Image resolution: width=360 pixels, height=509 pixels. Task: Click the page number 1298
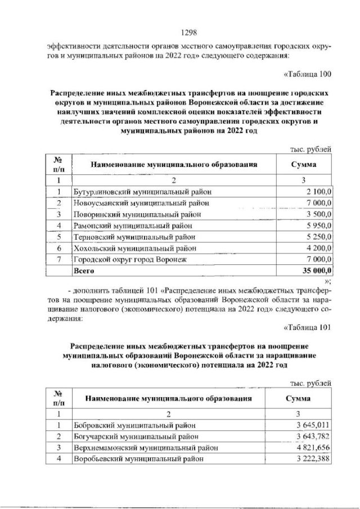tap(180, 32)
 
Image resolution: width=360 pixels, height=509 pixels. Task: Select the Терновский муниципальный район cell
tap(135, 237)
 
